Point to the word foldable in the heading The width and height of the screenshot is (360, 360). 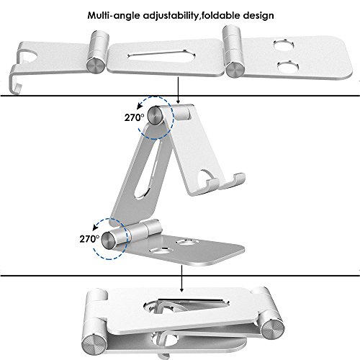224,14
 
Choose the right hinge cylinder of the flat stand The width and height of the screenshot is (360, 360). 233,50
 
